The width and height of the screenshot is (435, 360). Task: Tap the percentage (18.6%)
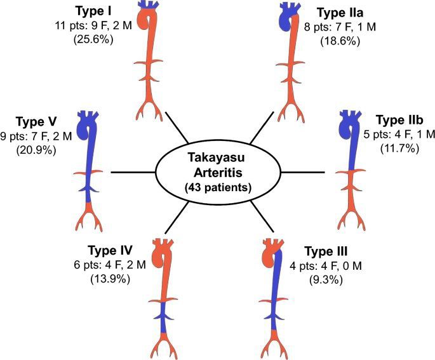coord(340,41)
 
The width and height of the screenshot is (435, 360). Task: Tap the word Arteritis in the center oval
coord(217,174)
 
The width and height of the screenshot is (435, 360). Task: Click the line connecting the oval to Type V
coord(133,171)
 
